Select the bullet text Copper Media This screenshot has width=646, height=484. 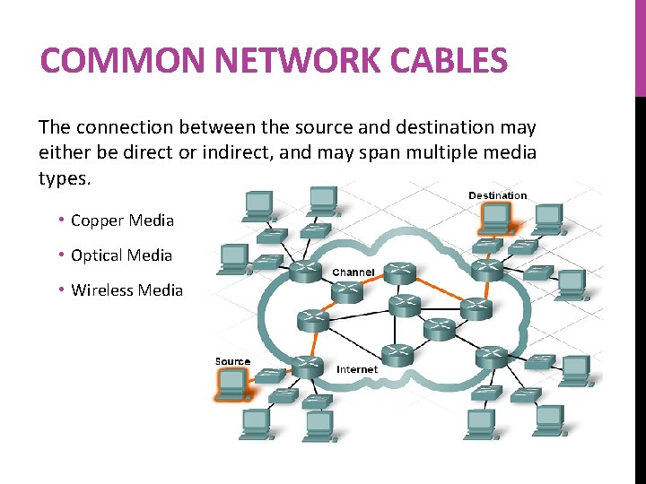click(122, 220)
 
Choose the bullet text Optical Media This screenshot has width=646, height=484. click(121, 255)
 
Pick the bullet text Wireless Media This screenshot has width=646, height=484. click(127, 290)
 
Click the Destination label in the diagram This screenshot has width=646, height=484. click(497, 195)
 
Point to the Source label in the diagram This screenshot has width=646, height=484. click(232, 361)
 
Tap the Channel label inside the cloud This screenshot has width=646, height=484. click(354, 272)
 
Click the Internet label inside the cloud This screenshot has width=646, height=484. click(357, 369)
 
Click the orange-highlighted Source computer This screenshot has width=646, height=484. click(232, 383)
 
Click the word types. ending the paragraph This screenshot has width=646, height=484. click(65, 178)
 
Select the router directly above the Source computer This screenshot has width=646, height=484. click(307, 365)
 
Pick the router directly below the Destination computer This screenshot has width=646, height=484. click(487, 267)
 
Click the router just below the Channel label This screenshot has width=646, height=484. click(345, 290)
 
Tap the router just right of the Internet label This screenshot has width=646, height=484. click(397, 354)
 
